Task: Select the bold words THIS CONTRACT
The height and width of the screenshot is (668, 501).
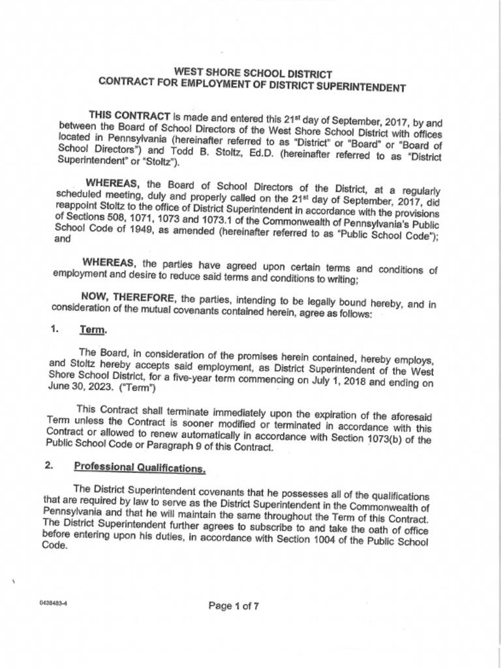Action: (x=130, y=115)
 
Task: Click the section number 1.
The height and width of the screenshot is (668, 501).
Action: (x=54, y=329)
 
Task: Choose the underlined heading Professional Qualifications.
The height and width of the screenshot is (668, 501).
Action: (x=140, y=466)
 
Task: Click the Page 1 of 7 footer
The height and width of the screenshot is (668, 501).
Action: (x=233, y=605)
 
